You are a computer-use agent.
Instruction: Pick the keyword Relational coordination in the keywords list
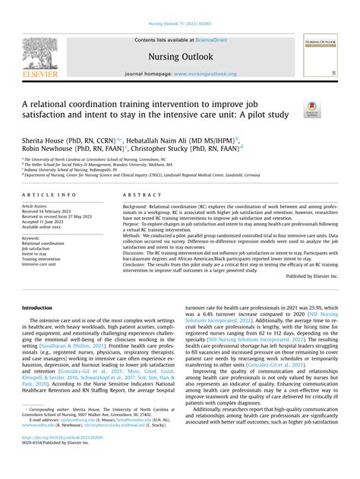(x=43, y=243)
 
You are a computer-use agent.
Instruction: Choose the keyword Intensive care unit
(x=40, y=264)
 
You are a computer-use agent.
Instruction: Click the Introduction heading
(x=37, y=307)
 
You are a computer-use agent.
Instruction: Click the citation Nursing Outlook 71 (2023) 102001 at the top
(x=179, y=5)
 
